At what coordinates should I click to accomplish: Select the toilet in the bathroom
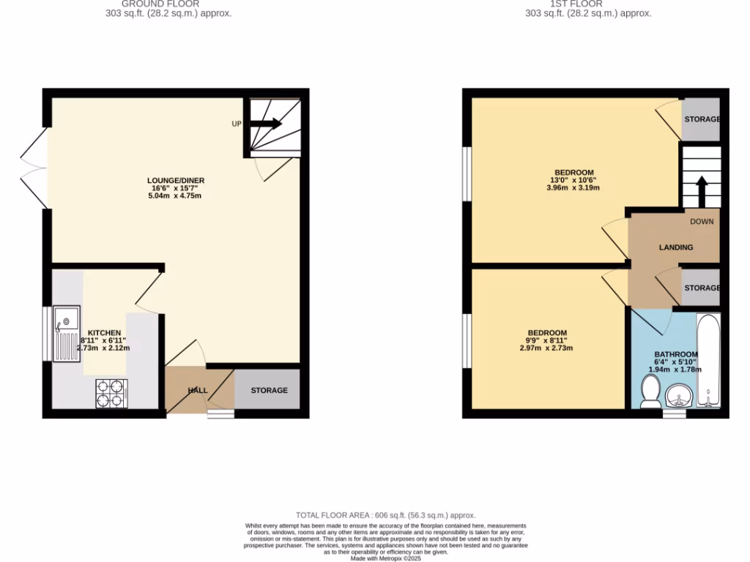click(649, 391)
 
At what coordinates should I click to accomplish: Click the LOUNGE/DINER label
click(176, 181)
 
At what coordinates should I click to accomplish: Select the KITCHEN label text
click(105, 333)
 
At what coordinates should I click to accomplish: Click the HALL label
click(198, 391)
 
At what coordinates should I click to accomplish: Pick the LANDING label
click(675, 247)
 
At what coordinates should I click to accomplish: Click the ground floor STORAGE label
click(269, 390)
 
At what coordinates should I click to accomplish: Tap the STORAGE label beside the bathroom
click(702, 288)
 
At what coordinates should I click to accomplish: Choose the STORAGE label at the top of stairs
click(702, 119)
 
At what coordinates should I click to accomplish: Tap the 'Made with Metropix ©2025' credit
click(385, 558)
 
